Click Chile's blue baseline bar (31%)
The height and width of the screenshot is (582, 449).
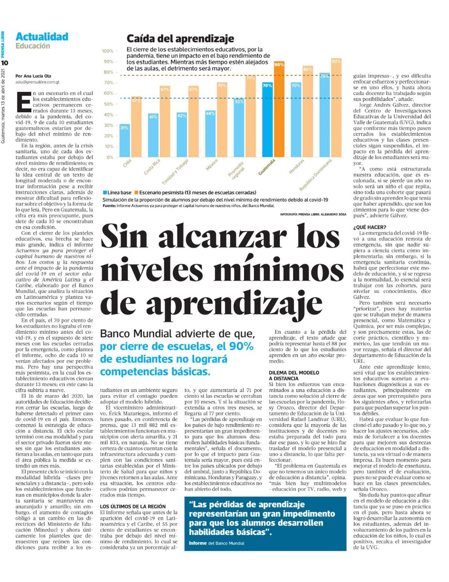click(124, 140)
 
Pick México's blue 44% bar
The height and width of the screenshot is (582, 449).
click(210, 134)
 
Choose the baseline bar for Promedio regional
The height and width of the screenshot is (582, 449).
click(239, 128)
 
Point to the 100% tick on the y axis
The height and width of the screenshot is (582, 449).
click(108, 51)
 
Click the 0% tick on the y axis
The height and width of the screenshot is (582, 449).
click(110, 157)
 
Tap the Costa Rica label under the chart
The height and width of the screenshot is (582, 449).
click(152, 167)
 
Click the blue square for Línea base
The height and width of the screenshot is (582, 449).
click(105, 193)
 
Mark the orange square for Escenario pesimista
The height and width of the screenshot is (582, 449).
click(136, 193)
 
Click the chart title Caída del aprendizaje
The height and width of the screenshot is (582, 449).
click(180, 39)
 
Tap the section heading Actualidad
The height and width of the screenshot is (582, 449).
click(42, 37)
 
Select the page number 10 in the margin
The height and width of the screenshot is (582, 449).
click(5, 62)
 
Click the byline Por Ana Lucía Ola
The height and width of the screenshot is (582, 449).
click(33, 76)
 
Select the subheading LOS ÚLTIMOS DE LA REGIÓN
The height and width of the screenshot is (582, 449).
click(133, 506)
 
